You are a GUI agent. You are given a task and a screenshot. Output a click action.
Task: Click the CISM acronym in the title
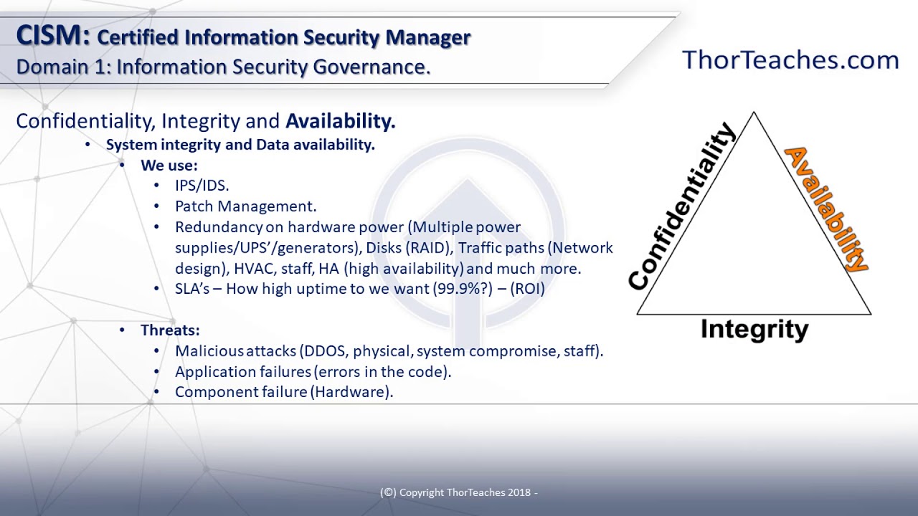pos(52,35)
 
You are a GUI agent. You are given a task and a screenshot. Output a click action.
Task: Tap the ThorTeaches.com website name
pos(790,59)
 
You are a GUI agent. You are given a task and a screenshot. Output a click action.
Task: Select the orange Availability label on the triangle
pos(825,209)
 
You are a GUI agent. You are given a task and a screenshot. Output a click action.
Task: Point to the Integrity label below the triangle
pos(754,329)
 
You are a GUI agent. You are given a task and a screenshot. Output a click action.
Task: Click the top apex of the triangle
pos(754,113)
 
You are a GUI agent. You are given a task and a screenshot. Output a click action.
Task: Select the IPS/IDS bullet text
pos(202,186)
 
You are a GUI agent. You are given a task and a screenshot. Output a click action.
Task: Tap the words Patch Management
pos(245,206)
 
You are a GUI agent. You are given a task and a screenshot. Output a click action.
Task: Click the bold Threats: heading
pos(170,330)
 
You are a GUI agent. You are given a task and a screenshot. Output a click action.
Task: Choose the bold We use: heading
pos(169,165)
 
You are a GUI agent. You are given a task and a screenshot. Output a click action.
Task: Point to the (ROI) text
pos(527,289)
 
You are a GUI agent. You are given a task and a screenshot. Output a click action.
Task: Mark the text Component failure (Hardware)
pos(284,392)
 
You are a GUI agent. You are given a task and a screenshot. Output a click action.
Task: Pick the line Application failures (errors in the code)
pos(313,372)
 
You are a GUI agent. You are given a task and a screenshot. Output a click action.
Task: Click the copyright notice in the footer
pos(459,492)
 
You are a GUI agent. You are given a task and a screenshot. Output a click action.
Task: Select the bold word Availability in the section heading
pos(340,121)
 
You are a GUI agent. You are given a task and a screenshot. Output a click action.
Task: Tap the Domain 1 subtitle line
pos(223,67)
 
